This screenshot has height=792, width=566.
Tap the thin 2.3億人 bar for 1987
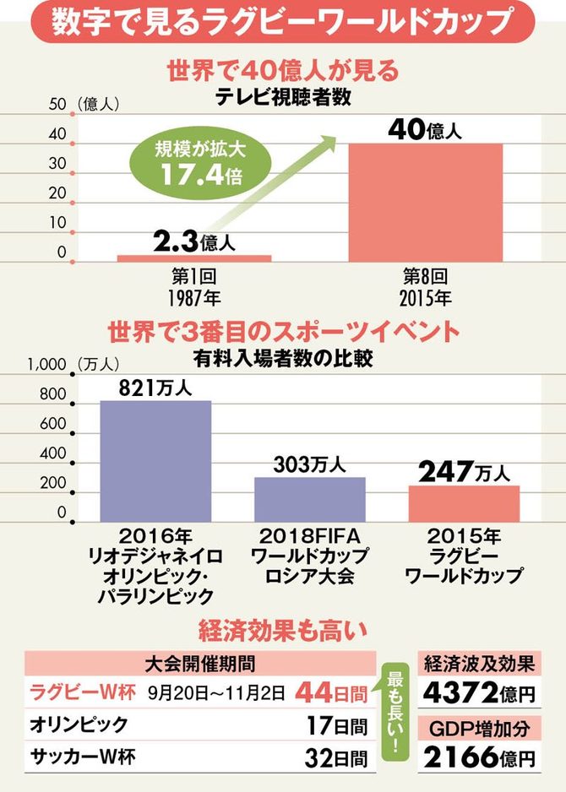pos(193,257)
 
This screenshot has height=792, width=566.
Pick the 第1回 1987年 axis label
pos(193,287)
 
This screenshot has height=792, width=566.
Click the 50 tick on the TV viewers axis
pos(58,105)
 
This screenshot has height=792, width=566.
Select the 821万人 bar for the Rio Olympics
pos(155,460)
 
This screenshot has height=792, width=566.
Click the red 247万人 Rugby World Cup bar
pos(464,503)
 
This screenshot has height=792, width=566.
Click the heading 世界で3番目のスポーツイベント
pos(284,330)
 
